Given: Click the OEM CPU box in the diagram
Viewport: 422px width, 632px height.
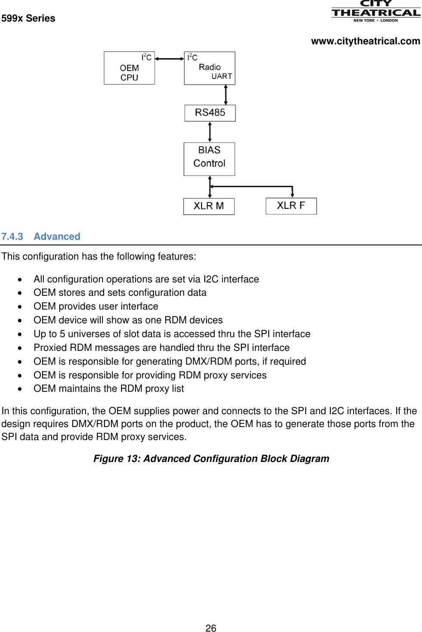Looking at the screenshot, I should (x=129, y=68).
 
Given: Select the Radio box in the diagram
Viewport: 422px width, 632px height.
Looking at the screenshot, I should (x=209, y=68).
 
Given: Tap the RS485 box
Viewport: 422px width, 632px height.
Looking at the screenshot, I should (x=210, y=113).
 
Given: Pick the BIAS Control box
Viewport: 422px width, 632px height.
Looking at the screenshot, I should (x=209, y=159).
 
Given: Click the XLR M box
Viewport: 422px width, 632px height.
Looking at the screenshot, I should (x=209, y=206).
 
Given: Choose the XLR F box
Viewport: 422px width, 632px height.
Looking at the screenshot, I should (x=291, y=206).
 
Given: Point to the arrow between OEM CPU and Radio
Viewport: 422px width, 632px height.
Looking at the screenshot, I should (x=169, y=59).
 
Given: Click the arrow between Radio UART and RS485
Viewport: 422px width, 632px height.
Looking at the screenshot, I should (x=225, y=95).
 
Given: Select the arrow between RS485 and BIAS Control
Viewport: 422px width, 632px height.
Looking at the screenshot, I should (x=210, y=132).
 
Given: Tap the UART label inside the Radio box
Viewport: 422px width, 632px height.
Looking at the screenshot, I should (x=222, y=77).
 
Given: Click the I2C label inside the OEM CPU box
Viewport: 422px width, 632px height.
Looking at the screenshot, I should (x=146, y=57).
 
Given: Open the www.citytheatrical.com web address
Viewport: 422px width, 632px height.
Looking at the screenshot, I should (x=365, y=41).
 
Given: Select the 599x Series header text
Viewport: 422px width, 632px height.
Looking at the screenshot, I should (x=28, y=19).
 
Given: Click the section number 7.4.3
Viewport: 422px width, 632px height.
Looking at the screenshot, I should (x=12, y=237).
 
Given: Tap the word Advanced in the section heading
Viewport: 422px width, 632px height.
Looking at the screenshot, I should (x=57, y=237).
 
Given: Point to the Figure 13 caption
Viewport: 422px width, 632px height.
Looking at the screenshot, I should (x=211, y=459).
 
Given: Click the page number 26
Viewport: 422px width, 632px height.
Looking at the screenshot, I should (x=211, y=628).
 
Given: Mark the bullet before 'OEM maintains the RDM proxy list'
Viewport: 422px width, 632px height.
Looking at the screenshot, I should (x=20, y=389).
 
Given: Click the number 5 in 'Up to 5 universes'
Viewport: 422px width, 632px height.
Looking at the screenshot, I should (x=62, y=334).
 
